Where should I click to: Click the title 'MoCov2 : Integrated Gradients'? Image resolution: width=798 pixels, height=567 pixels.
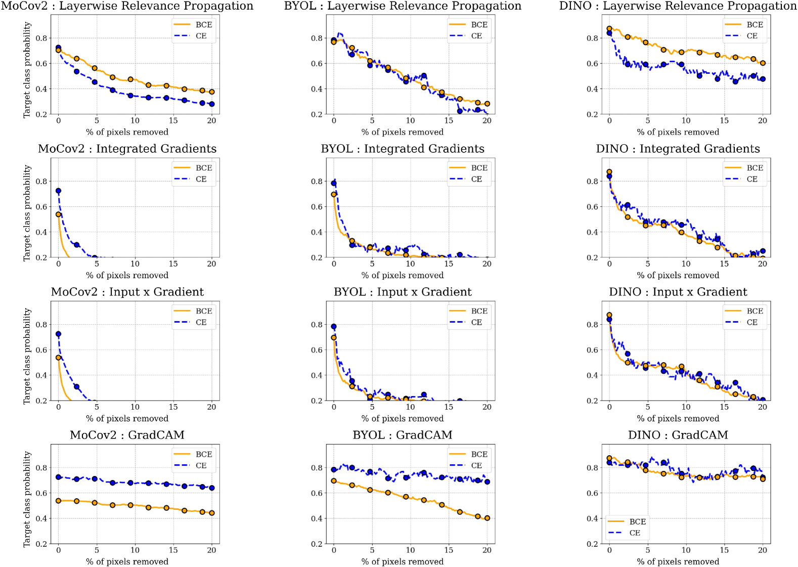[x=127, y=149]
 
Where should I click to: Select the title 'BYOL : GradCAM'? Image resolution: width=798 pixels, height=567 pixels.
[x=403, y=435]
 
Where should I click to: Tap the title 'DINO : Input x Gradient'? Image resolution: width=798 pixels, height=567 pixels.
[x=678, y=292]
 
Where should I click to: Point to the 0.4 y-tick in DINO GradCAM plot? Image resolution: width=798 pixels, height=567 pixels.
[x=592, y=518]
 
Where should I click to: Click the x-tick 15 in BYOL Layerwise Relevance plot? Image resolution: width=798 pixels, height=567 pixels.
[x=449, y=120]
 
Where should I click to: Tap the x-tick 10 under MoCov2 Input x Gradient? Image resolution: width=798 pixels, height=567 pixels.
[x=135, y=407]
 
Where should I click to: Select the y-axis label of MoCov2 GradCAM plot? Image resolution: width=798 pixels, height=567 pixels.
[x=27, y=499]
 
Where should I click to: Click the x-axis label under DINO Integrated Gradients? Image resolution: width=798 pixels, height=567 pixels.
[x=678, y=275]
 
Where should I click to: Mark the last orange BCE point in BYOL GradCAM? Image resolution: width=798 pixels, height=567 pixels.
[x=487, y=518]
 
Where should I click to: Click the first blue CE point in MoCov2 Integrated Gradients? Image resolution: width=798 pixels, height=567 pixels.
[x=58, y=191]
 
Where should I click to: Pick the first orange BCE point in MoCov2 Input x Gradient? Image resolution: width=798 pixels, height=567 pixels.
[x=58, y=358]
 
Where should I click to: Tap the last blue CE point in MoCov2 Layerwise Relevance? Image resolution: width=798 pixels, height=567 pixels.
[x=211, y=104]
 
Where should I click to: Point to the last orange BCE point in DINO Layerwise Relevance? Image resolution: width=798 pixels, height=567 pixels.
[x=763, y=63]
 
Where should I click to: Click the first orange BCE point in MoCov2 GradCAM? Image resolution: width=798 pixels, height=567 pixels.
[x=58, y=501]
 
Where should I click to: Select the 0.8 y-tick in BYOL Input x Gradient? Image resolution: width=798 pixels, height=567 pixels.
[x=317, y=325]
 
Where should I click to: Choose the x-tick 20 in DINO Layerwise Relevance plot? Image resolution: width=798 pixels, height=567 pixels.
[x=763, y=120]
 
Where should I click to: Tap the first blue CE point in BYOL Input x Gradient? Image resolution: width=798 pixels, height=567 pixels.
[x=334, y=327]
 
